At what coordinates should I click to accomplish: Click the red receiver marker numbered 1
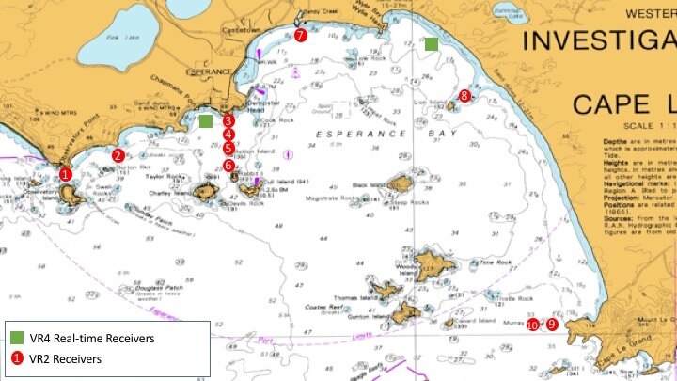65,174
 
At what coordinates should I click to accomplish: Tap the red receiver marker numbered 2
118,155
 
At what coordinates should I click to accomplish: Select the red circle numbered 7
300,36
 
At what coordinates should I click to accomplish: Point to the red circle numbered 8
464,95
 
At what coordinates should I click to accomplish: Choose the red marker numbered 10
533,325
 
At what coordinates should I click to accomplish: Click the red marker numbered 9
552,324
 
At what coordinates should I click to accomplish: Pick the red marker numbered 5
228,148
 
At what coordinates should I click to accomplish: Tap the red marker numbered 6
229,166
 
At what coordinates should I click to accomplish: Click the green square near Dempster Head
206,120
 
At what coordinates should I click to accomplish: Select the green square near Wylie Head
431,44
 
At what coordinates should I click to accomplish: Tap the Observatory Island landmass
71,194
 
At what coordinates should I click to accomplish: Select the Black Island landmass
399,183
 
